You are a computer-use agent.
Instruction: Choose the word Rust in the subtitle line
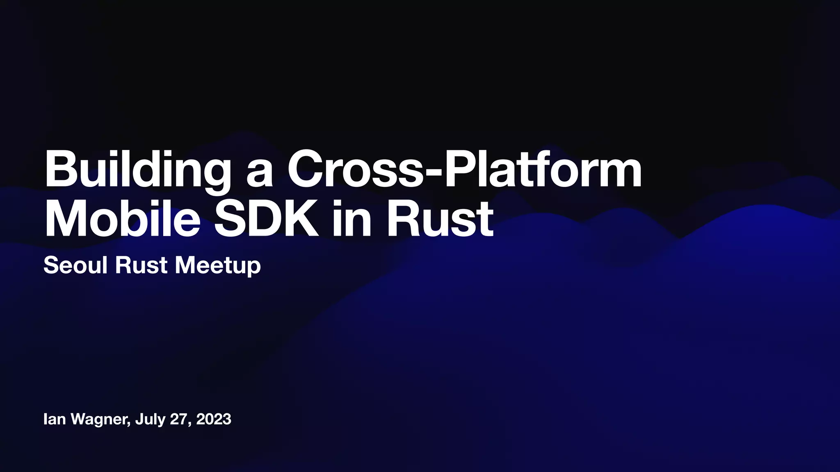141,265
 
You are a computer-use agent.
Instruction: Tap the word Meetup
217,266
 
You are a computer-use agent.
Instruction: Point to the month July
150,420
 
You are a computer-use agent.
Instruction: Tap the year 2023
214,419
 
